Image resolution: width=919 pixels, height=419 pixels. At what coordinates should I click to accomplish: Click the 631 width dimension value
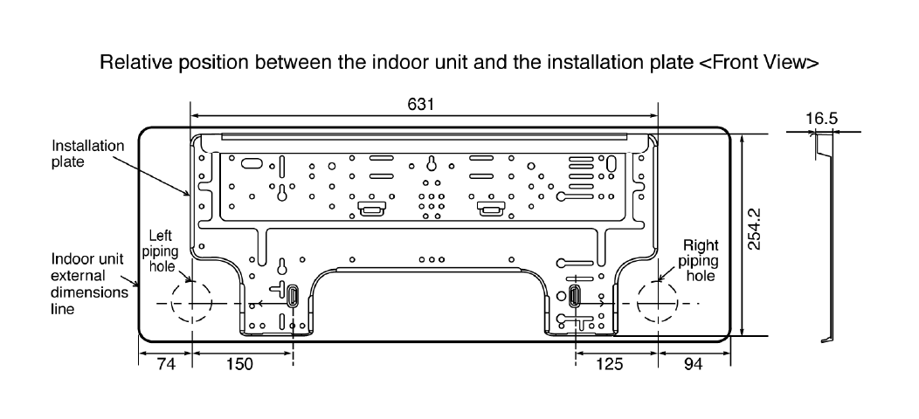click(424, 104)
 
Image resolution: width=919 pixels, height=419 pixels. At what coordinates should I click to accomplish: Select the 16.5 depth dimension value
click(821, 119)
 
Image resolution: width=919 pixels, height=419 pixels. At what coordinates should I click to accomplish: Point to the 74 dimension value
click(166, 364)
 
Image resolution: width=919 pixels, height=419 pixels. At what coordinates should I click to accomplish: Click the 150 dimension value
click(239, 364)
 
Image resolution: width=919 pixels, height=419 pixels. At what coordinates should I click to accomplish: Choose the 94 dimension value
click(694, 364)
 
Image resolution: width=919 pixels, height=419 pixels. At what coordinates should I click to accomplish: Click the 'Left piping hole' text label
click(162, 251)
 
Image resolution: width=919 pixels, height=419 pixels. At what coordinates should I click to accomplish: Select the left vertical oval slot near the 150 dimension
click(293, 296)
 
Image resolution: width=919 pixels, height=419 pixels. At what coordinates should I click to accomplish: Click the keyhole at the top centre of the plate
click(431, 162)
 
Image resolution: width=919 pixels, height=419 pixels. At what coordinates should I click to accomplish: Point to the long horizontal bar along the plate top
click(424, 136)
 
